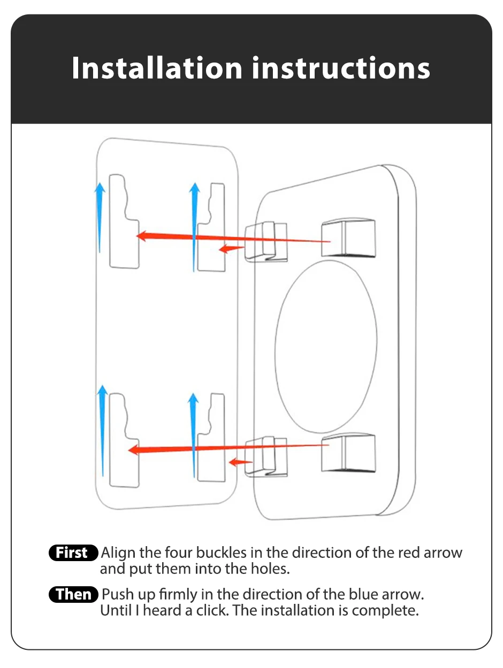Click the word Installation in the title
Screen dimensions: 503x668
[x=157, y=68]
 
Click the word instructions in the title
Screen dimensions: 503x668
[x=341, y=68]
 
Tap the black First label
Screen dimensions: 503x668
[x=73, y=553]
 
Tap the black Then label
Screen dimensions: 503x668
[x=73, y=594]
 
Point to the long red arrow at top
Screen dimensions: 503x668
[x=230, y=238]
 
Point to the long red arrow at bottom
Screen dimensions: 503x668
[x=225, y=448]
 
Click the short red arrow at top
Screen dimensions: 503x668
[x=232, y=248]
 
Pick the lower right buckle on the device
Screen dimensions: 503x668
[x=348, y=453]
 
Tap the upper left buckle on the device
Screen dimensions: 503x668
[x=265, y=242]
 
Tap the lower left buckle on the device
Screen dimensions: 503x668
[x=265, y=456]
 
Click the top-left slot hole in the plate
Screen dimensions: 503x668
[x=124, y=222]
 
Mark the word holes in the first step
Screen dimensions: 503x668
[x=268, y=569]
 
